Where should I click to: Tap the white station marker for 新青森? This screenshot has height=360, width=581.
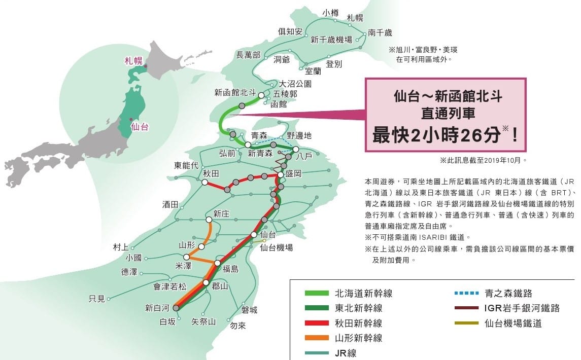pos(248,145)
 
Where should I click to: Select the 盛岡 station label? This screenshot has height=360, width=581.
pos(294,173)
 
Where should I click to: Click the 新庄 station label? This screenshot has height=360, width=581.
pos(222,213)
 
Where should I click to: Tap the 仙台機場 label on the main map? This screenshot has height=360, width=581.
pos(276,248)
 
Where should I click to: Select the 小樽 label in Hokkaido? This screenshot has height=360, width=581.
pos(330,13)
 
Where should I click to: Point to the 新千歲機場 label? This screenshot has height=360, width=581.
pos(331,40)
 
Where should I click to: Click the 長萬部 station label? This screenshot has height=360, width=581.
pos(249,55)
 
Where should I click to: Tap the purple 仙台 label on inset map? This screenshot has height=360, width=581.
pos(140,127)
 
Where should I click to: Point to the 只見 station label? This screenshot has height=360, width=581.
pos(97,298)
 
